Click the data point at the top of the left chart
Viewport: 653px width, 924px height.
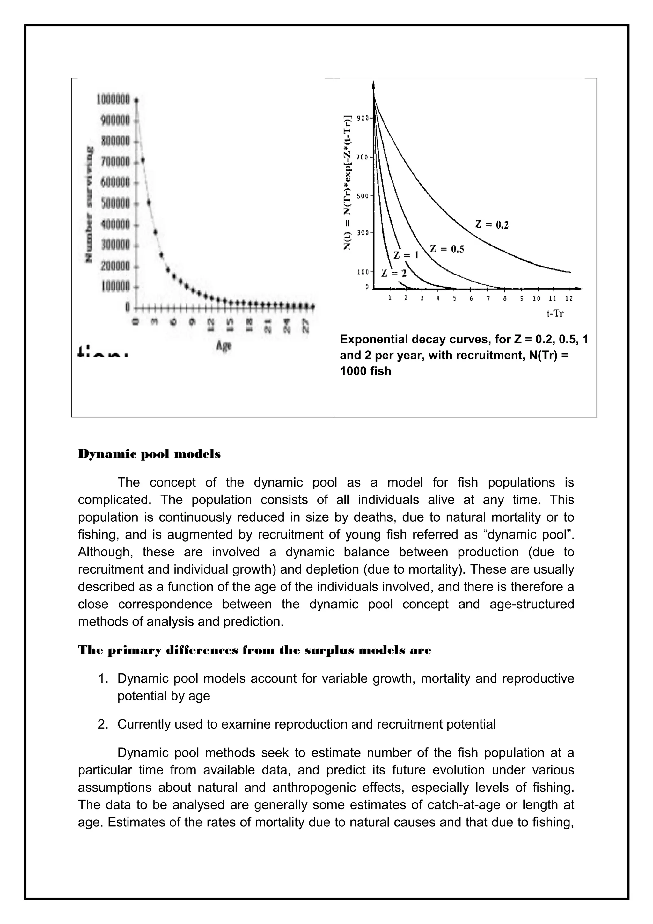point(136,100)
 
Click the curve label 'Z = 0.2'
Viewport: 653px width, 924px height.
point(492,224)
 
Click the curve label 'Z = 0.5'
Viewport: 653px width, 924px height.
point(447,249)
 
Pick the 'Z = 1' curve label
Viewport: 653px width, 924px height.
point(406,255)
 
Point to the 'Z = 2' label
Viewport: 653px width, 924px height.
point(393,274)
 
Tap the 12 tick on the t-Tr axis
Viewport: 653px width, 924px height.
point(569,299)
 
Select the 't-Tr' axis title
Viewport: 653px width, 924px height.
point(555,313)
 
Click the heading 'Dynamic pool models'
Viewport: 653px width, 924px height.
point(149,454)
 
